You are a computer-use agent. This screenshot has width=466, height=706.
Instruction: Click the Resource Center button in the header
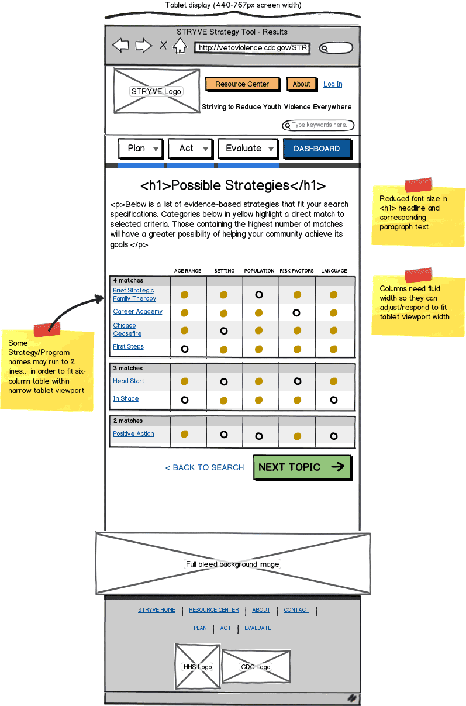(x=242, y=84)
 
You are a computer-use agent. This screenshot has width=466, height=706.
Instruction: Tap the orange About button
(x=302, y=84)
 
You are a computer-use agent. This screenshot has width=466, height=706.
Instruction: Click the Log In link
(x=333, y=84)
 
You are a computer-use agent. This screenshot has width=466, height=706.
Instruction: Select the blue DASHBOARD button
(x=316, y=149)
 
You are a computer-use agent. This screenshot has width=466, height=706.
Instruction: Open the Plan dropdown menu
(x=140, y=149)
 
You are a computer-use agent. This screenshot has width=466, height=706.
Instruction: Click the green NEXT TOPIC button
(x=302, y=467)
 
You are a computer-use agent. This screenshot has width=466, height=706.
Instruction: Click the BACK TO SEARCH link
(x=205, y=467)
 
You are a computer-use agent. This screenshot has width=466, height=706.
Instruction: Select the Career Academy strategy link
(x=138, y=312)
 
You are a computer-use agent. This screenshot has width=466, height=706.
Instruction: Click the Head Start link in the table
(x=129, y=381)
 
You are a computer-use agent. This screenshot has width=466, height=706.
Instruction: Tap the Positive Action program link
(x=133, y=434)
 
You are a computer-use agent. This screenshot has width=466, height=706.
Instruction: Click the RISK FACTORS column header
(x=296, y=271)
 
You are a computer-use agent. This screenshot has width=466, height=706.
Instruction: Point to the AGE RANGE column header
(x=188, y=271)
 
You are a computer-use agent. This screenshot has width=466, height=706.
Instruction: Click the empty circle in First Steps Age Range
(x=185, y=349)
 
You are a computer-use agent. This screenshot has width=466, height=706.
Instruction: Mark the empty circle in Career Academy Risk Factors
(x=296, y=313)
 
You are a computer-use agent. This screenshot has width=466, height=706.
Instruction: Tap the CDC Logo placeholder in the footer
(x=256, y=667)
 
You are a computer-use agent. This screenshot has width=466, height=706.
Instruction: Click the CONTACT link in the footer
(x=296, y=610)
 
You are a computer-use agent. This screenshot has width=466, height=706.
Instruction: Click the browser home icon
(x=180, y=46)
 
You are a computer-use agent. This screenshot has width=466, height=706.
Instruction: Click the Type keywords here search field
(x=319, y=125)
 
